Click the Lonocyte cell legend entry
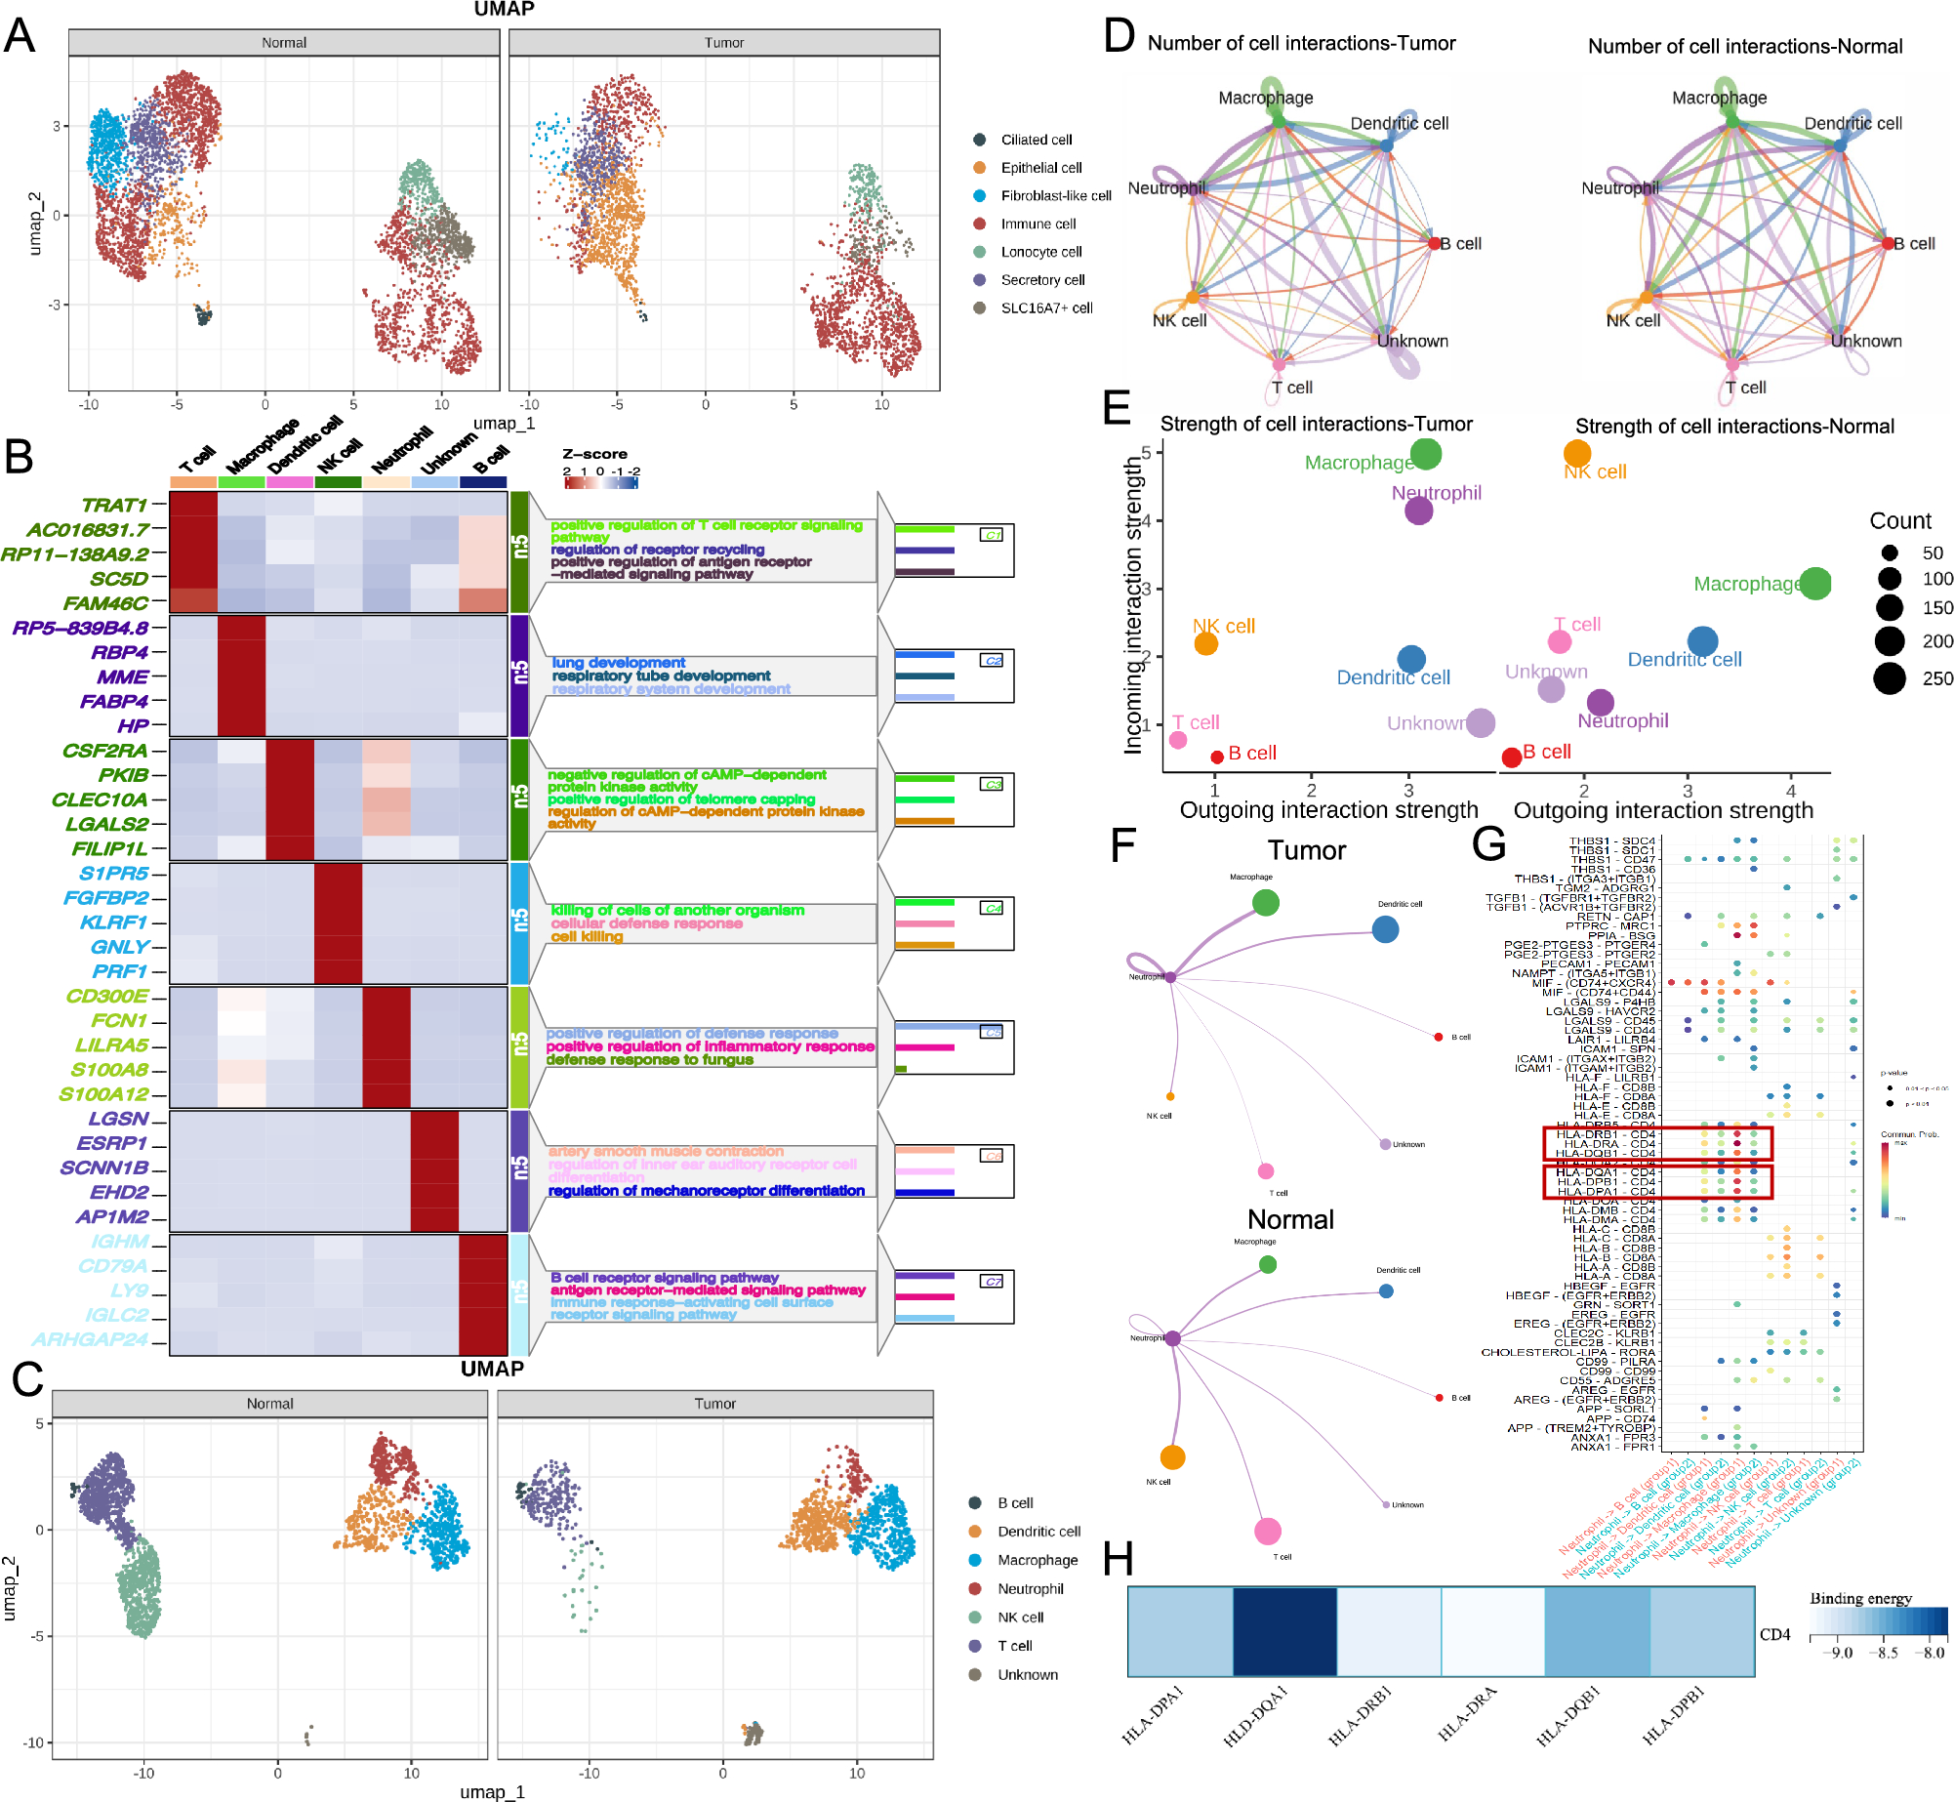(x=1040, y=252)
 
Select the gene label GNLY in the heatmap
(x=119, y=947)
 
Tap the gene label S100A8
(x=109, y=1070)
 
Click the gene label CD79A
(x=112, y=1266)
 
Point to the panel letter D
(x=1119, y=36)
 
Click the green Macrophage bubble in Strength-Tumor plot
(x=1426, y=454)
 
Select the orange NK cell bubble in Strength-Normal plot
(x=1577, y=453)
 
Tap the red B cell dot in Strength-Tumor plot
(x=1217, y=757)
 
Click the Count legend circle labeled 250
(x=1890, y=677)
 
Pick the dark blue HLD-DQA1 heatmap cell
(x=1284, y=1631)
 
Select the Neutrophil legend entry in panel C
(x=1030, y=1589)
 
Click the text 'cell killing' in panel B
(x=587, y=936)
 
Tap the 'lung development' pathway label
(x=619, y=663)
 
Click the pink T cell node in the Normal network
(x=1267, y=1532)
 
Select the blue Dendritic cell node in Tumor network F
(x=1385, y=929)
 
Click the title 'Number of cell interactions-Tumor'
(x=1301, y=43)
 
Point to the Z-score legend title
(x=594, y=454)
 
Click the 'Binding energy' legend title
(x=1860, y=1598)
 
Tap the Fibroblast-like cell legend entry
(x=1055, y=196)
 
